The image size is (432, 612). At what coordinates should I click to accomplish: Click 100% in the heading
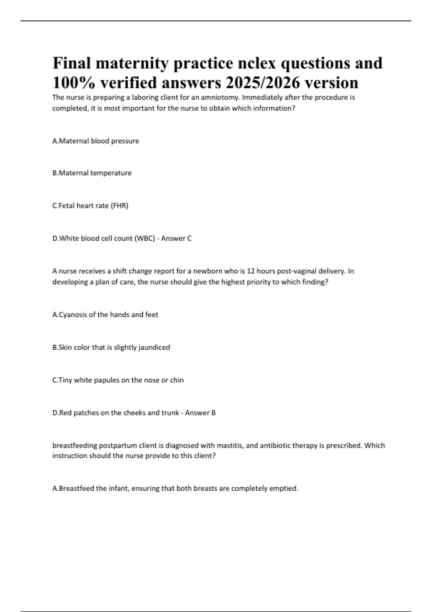(74, 83)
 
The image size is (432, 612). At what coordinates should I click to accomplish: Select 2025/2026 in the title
(263, 83)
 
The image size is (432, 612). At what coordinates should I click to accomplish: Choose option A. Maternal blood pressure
(95, 141)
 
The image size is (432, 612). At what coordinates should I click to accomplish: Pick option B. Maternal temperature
(92, 173)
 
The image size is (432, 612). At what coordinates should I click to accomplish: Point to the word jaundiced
(154, 347)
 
